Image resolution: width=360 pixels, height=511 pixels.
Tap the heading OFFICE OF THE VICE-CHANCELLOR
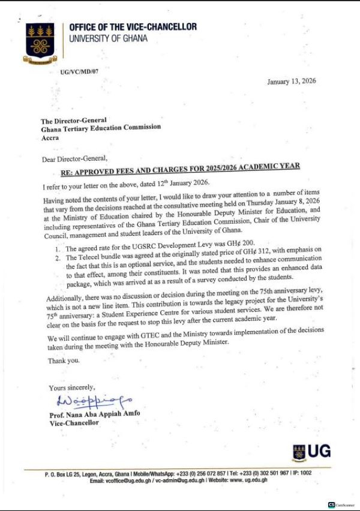pyautogui.click(x=133, y=28)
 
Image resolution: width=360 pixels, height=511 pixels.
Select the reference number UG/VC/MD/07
pyautogui.click(x=81, y=71)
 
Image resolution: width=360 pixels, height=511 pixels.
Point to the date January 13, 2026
pyautogui.click(x=292, y=82)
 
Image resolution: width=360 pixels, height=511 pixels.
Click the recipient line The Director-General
pyautogui.click(x=74, y=120)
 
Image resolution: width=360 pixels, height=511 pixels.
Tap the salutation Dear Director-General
pyautogui.click(x=75, y=158)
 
